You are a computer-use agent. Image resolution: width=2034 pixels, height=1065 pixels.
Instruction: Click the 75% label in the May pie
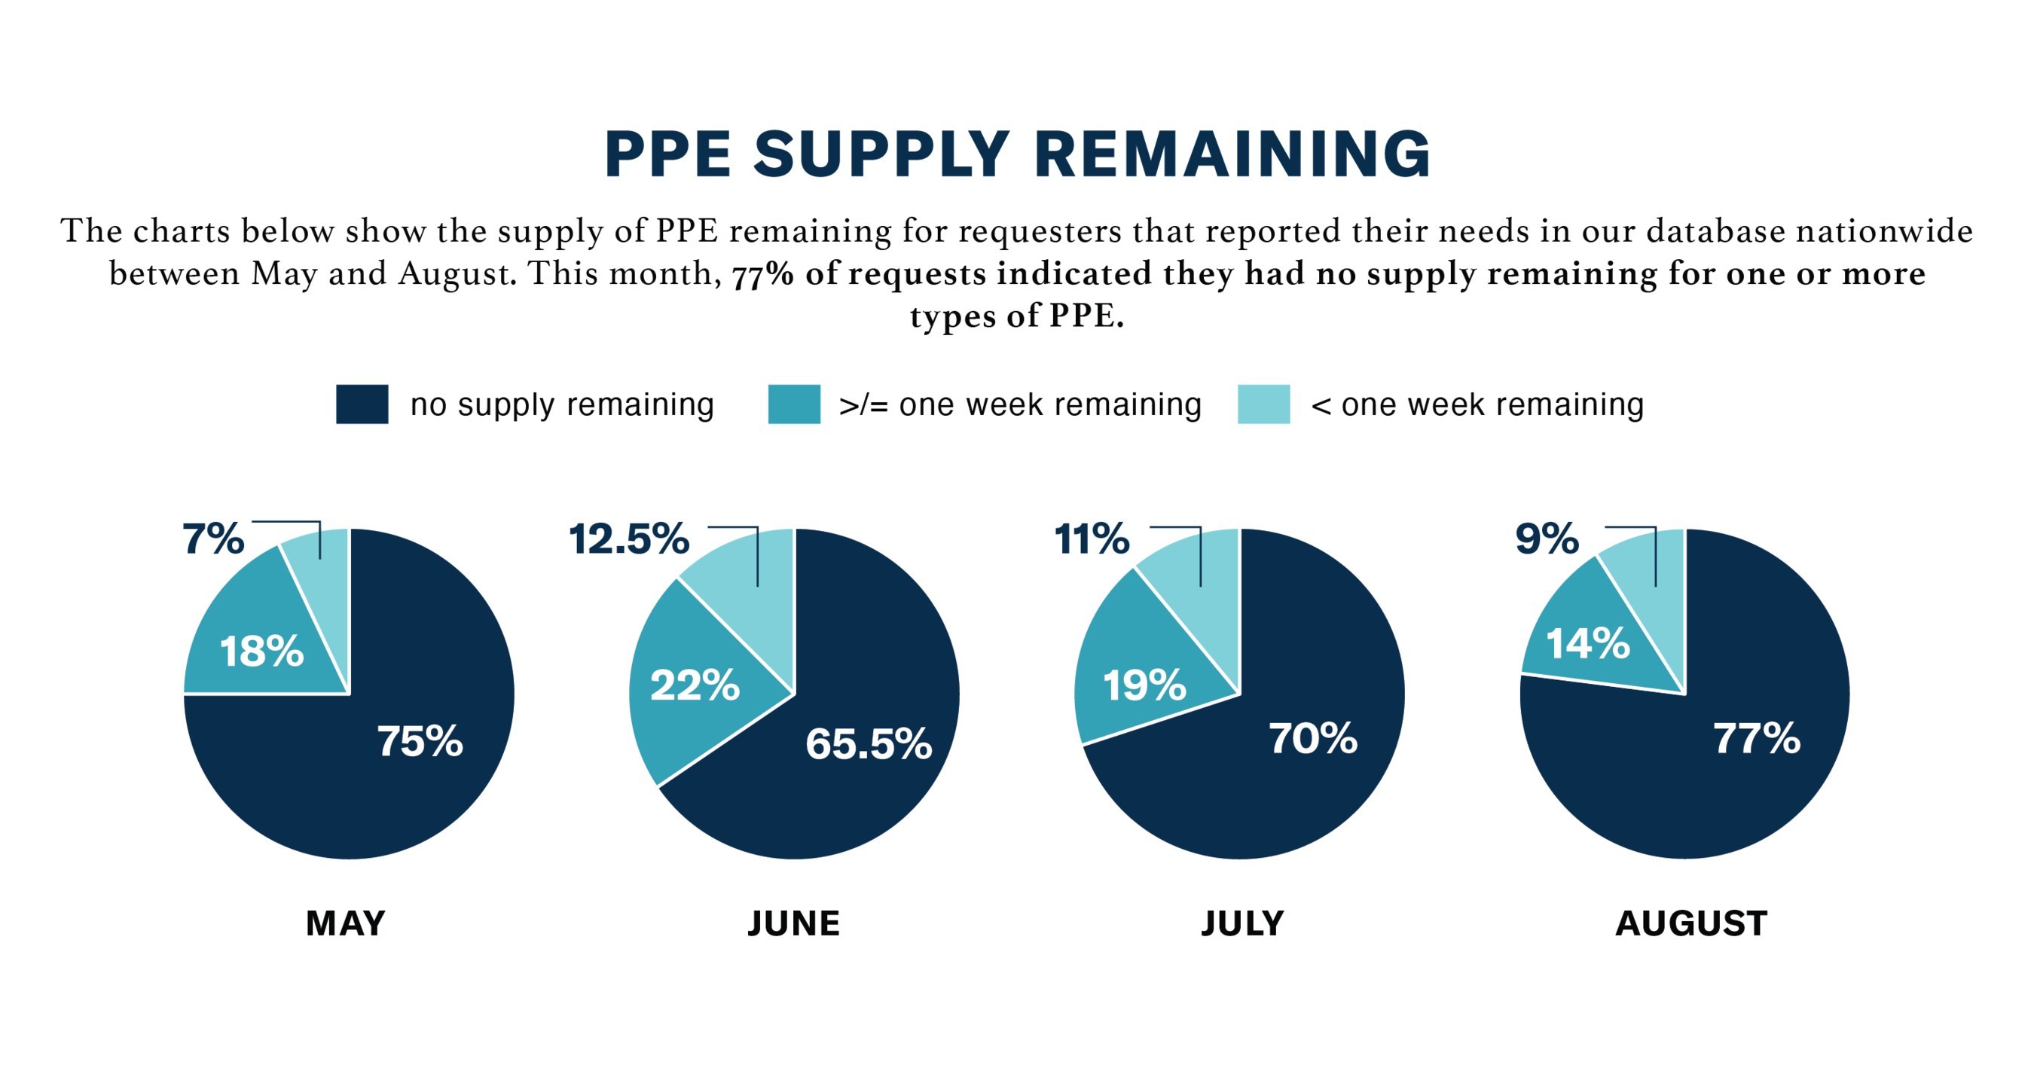[x=420, y=741]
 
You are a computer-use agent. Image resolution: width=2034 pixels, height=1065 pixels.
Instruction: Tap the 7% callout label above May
[x=213, y=539]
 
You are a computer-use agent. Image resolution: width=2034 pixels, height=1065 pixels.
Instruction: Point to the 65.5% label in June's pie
[x=869, y=743]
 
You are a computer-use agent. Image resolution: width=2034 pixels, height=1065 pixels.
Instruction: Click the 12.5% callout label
[x=628, y=539]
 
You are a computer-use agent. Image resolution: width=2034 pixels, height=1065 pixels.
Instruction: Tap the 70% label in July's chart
[x=1313, y=739]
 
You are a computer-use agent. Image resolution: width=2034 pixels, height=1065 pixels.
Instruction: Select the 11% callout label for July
[x=1092, y=539]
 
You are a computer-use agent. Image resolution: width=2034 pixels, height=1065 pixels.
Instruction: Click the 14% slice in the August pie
[x=1587, y=643]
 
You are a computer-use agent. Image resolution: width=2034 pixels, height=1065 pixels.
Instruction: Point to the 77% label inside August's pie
[x=1757, y=739]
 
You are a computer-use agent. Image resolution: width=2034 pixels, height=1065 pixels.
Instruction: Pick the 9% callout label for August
[x=1547, y=539]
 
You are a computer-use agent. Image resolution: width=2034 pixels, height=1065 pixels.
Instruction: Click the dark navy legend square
[x=362, y=404]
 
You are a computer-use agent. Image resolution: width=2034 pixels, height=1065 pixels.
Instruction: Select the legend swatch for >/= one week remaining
[x=793, y=404]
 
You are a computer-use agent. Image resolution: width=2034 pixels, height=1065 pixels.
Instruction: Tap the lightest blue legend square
[x=1263, y=404]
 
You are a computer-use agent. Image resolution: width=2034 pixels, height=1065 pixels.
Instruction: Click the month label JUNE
[x=793, y=923]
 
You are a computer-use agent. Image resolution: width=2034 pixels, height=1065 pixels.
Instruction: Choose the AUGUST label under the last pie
[x=1691, y=923]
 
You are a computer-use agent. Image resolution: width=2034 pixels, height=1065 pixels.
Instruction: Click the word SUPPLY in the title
[x=881, y=154]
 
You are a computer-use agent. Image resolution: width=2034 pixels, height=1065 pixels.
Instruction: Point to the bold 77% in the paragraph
[x=762, y=275]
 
